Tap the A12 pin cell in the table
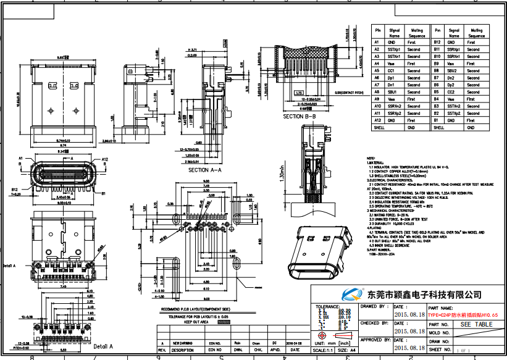pyautogui.click(x=377, y=120)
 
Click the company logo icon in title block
pyautogui.click(x=353, y=295)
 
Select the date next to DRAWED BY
pyautogui.click(x=409, y=314)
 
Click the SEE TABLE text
pyautogui.click(x=476, y=324)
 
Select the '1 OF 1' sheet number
pyautogui.click(x=463, y=350)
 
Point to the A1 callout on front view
pyautogui.click(x=22, y=159)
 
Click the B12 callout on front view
pyautogui.click(x=14, y=190)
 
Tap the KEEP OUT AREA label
pyautogui.click(x=196, y=322)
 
